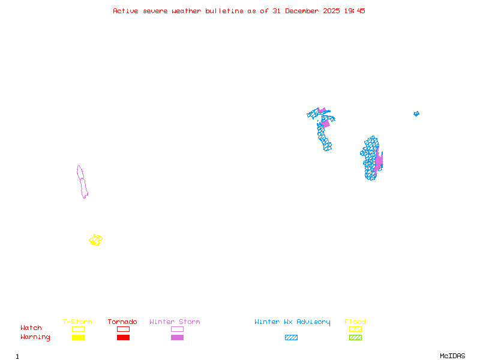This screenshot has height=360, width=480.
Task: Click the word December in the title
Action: [x=308, y=11]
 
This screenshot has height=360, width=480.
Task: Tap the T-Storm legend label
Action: [x=77, y=322]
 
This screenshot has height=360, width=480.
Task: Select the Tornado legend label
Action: [x=122, y=322]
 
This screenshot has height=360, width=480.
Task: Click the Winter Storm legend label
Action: [x=175, y=322]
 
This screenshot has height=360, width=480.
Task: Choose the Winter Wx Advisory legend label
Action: [x=292, y=322]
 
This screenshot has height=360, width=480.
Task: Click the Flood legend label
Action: [x=355, y=322]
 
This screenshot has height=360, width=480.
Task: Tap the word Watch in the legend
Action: [x=31, y=328]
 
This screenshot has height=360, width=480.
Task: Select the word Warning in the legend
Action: [x=35, y=337]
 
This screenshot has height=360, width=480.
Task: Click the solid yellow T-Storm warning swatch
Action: [x=78, y=338]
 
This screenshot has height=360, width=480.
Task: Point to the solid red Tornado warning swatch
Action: [x=123, y=338]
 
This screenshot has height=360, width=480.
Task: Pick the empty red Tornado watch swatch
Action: [x=123, y=329]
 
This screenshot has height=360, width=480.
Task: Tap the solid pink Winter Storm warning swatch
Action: [x=177, y=338]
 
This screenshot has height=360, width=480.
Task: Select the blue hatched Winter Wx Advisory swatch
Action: [x=291, y=338]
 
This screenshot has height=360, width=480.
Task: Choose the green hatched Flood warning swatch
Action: [x=355, y=338]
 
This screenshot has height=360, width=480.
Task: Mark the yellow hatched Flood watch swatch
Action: [x=355, y=329]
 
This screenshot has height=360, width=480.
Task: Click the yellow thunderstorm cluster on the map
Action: [x=95, y=240]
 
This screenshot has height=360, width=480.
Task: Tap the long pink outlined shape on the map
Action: [x=82, y=182]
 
